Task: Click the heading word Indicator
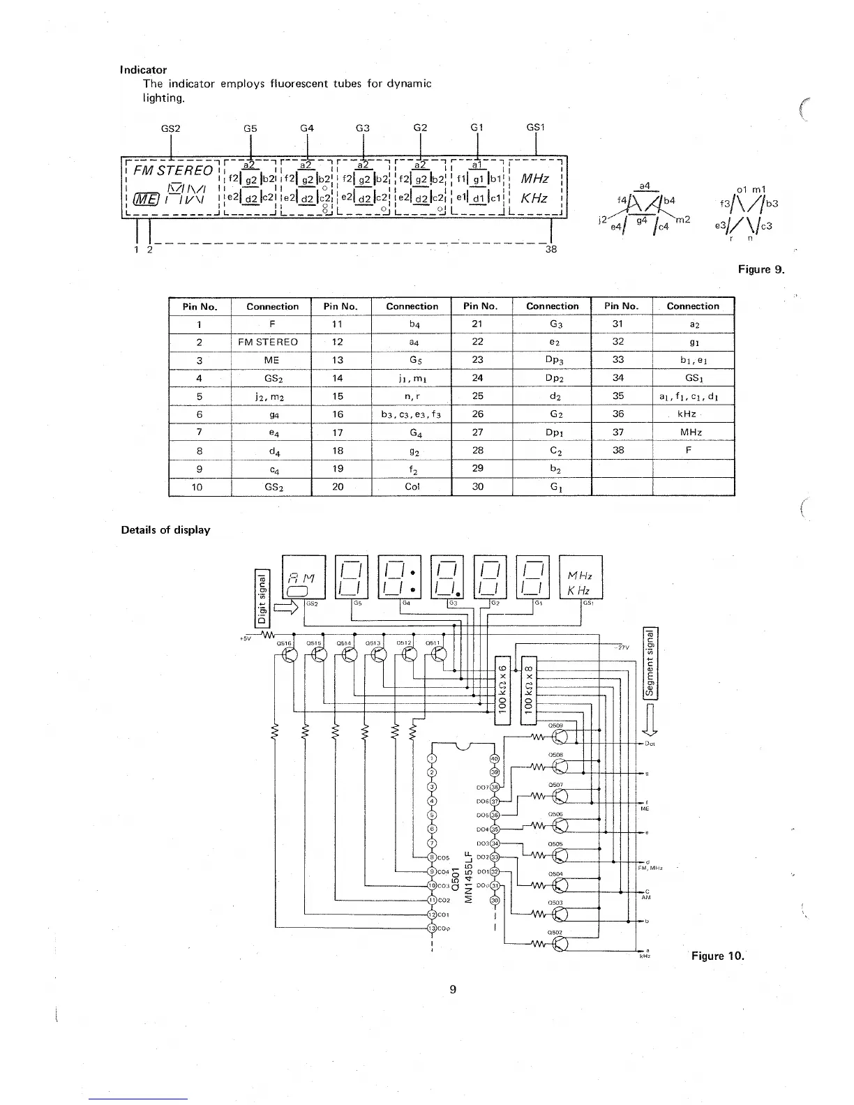point(144,70)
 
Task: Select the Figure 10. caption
point(717,956)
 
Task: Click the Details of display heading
point(165,529)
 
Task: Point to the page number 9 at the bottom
point(453,989)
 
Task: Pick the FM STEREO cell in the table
point(271,342)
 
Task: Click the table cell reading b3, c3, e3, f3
point(412,414)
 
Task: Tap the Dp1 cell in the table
point(552,433)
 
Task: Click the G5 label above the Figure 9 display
point(250,128)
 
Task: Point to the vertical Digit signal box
point(262,597)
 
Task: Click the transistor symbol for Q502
point(561,944)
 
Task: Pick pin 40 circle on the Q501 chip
point(495,758)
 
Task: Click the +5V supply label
point(244,637)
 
